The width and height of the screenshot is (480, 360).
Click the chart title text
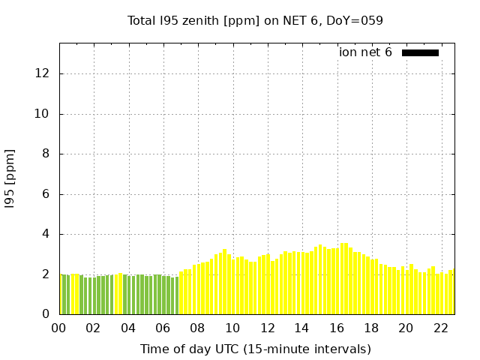[x=255, y=20]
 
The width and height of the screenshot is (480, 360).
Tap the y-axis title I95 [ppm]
[x=10, y=178]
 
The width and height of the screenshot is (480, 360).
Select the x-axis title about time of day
[x=255, y=349]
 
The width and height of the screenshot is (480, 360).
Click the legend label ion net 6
[x=365, y=52]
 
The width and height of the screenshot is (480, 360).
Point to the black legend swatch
[x=420, y=52]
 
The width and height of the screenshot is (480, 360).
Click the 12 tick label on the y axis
[x=43, y=73]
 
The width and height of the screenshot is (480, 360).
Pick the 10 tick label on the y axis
[x=43, y=114]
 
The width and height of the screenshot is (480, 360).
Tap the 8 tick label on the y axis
[x=46, y=154]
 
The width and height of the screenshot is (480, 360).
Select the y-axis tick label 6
[x=46, y=194]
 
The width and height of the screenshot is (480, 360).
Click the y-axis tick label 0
[x=46, y=314]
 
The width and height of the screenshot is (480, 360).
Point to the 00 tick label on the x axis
[x=58, y=328]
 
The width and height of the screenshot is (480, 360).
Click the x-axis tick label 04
[x=128, y=328]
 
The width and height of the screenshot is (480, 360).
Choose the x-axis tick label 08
[x=197, y=328]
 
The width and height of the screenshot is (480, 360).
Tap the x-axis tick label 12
[x=267, y=328]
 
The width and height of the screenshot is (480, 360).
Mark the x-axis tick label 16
[x=336, y=328]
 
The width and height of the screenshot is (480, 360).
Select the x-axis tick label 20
[x=406, y=328]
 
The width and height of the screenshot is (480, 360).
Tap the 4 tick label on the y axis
[x=46, y=234]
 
